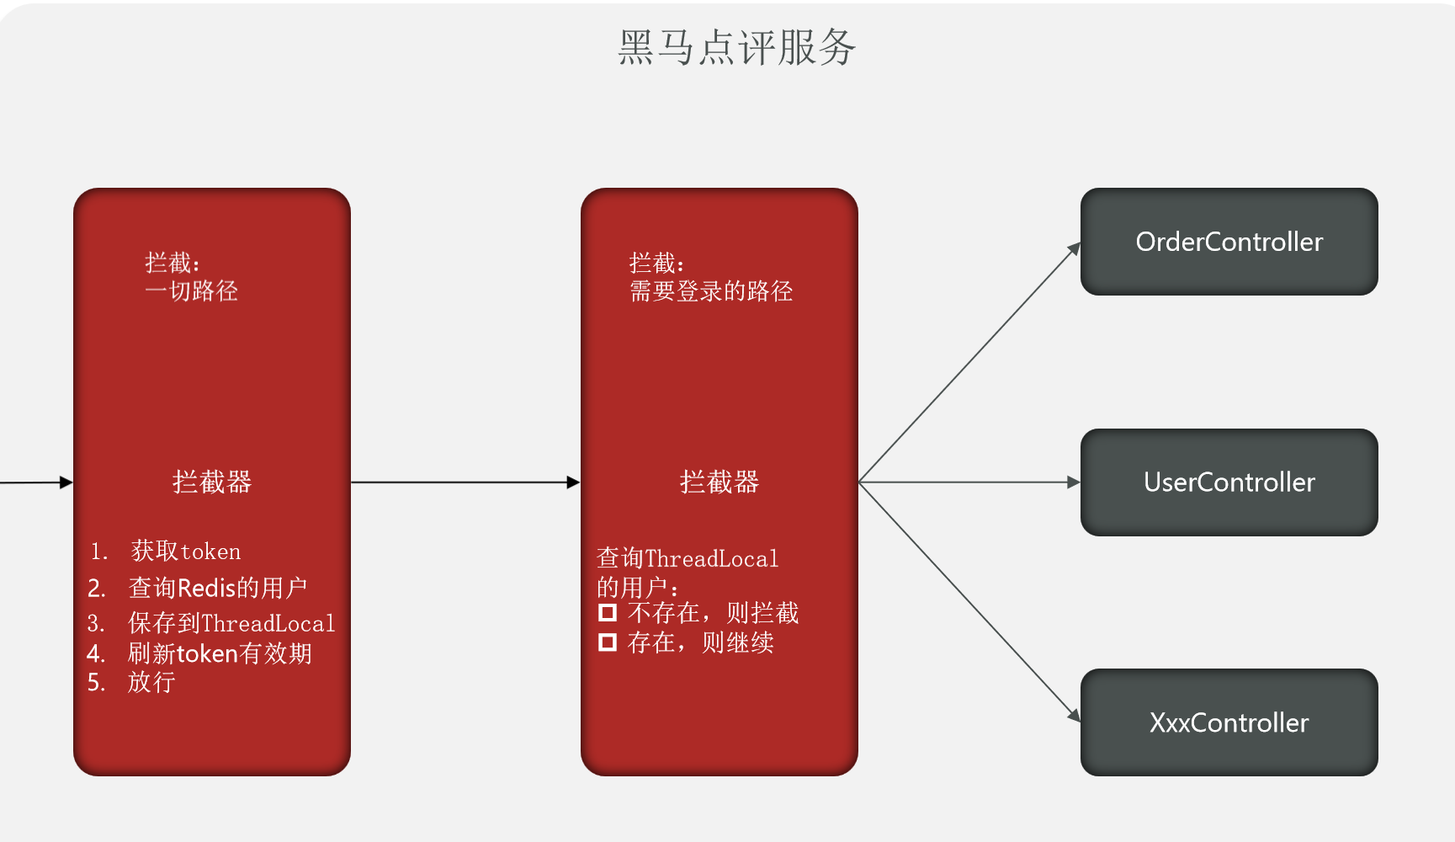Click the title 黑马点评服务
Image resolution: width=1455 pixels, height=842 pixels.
pyautogui.click(x=736, y=47)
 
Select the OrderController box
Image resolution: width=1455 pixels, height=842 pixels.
pyautogui.click(x=1229, y=242)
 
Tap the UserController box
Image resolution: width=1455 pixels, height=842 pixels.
pyautogui.click(x=1229, y=482)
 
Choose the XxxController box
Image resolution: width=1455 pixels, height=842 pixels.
pyautogui.click(x=1229, y=722)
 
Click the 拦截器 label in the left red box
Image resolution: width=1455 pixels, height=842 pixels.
pyautogui.click(x=212, y=482)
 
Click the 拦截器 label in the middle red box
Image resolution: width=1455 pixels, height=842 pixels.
pyautogui.click(x=720, y=482)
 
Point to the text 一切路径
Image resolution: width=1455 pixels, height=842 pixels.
pyautogui.click(x=192, y=291)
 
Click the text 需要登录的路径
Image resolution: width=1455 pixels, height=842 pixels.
pyautogui.click(x=711, y=291)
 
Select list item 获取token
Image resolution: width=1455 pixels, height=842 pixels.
pyautogui.click(x=186, y=552)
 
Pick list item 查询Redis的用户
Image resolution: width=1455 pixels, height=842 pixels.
pyautogui.click(x=217, y=588)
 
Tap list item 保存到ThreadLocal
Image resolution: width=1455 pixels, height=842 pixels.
pyautogui.click(x=231, y=623)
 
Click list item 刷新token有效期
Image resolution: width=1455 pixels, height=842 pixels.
pyautogui.click(x=220, y=653)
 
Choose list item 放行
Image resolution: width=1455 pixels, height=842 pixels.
pyautogui.click(x=151, y=682)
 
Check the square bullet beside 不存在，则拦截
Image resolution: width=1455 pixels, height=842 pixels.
pyautogui.click(x=608, y=613)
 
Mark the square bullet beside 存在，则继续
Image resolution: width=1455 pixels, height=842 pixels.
pyautogui.click(x=608, y=643)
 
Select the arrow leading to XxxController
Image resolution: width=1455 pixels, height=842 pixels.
pyautogui.click(x=968, y=601)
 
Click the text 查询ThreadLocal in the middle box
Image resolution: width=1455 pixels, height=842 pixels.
pyautogui.click(x=688, y=558)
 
